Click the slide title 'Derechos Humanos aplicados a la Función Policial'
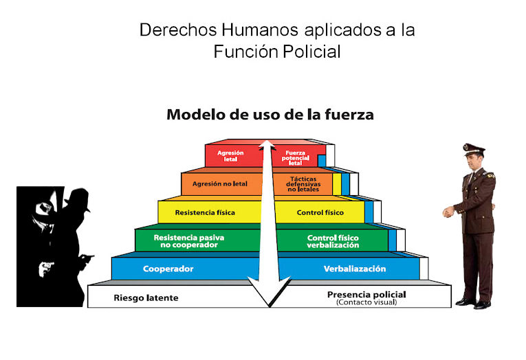[x=276, y=41]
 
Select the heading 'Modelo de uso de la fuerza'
[x=270, y=115]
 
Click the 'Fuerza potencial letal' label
[x=294, y=157]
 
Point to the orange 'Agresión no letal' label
[x=219, y=184]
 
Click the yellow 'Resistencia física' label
[x=205, y=212]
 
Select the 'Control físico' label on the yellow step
[x=320, y=212]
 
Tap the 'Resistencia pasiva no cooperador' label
[x=185, y=240]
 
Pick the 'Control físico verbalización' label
[x=333, y=240]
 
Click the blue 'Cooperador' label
[x=168, y=269]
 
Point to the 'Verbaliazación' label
[x=355, y=269]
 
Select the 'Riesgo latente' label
[x=146, y=297]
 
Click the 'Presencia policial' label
[x=366, y=295]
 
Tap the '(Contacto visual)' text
[x=366, y=302]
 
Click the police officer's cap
[x=473, y=148]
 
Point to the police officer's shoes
[x=474, y=302]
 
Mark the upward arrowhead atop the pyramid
[x=269, y=146]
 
